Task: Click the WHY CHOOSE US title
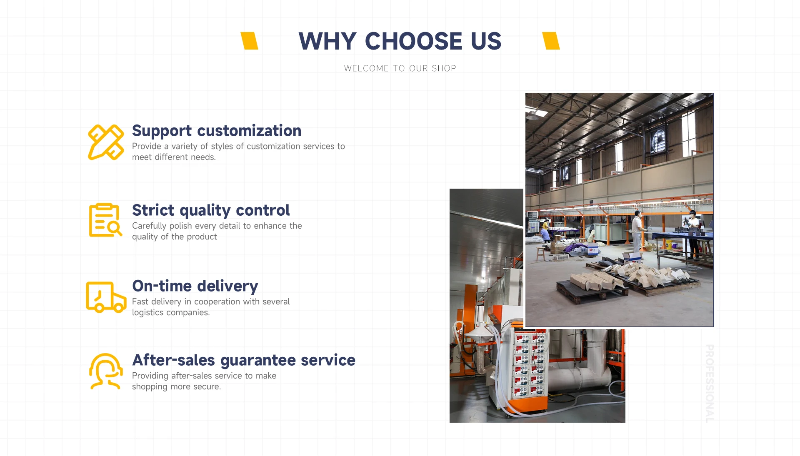[400, 41]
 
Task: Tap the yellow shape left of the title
[250, 41]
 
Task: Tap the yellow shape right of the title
[551, 41]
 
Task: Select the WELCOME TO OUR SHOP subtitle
[400, 68]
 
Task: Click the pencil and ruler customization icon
[106, 142]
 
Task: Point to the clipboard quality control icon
[105, 220]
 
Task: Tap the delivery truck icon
[106, 297]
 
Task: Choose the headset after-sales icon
[106, 371]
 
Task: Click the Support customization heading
[217, 131]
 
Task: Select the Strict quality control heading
[211, 210]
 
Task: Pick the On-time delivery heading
[195, 286]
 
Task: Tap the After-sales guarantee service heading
[244, 360]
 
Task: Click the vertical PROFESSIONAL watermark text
[710, 384]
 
